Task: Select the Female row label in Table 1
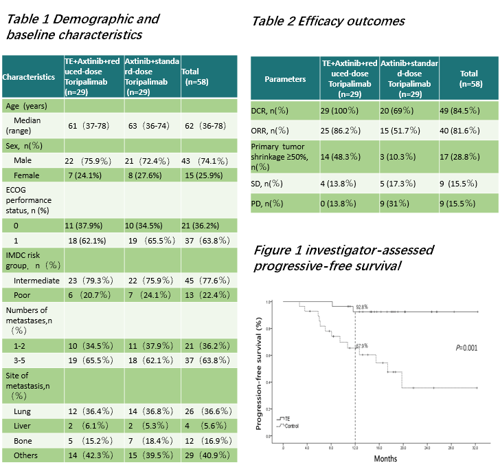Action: pos(26,175)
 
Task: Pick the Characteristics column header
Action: pos(29,77)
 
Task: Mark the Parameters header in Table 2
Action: pos(285,79)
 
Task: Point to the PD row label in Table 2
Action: pos(269,203)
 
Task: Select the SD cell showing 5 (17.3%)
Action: pos(405,184)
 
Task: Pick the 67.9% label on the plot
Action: pos(361,346)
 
